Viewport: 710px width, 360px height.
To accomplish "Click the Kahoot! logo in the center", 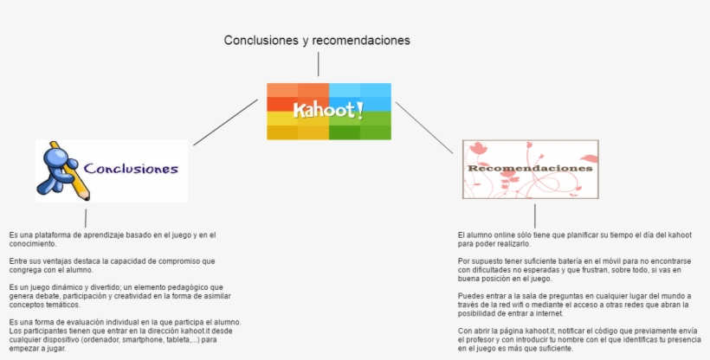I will [328, 111].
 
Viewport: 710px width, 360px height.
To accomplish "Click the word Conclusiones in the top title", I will [257, 40].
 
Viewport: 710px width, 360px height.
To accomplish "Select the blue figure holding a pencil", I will [61, 169].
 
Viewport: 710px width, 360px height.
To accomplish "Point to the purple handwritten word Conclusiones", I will [131, 170].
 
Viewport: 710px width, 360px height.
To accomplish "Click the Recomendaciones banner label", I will [530, 168].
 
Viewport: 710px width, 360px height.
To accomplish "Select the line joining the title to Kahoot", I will [319, 64].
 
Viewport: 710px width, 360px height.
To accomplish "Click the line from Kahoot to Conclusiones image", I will [225, 122].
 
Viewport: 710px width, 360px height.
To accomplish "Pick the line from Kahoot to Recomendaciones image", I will [424, 127].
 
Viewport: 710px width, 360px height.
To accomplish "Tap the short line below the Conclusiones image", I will [86, 217].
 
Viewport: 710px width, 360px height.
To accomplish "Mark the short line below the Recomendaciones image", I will [535, 215].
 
